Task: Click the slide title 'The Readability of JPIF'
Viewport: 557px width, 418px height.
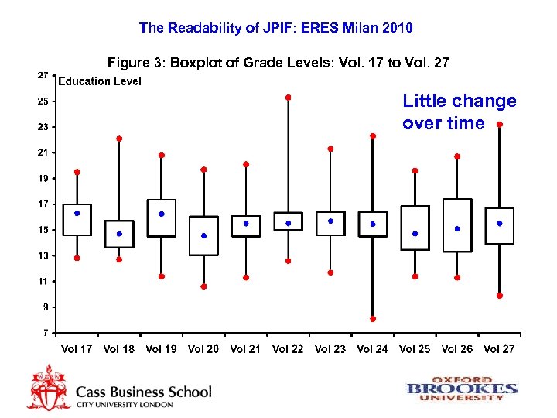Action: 276,28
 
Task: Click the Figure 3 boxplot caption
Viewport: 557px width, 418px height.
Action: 278,62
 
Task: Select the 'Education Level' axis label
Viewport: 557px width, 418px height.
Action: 100,81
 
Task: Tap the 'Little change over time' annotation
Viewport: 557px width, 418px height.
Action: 459,112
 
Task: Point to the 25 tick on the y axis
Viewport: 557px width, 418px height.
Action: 43,101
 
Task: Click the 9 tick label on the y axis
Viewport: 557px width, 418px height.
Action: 45,307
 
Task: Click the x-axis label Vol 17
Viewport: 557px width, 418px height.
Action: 77,349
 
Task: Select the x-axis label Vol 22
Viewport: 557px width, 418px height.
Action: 288,349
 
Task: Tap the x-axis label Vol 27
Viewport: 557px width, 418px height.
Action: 499,349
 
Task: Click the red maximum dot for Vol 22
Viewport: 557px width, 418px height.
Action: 288,98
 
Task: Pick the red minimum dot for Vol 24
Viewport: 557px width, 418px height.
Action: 373,319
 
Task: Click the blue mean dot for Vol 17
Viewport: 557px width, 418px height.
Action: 77,213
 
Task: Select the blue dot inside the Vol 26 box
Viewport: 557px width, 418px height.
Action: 457,229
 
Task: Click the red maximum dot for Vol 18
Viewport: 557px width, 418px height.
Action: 119,139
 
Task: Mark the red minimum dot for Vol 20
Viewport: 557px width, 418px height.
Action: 203,286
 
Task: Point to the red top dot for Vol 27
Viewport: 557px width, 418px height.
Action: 500,125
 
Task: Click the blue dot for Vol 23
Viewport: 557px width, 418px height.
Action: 330,221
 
